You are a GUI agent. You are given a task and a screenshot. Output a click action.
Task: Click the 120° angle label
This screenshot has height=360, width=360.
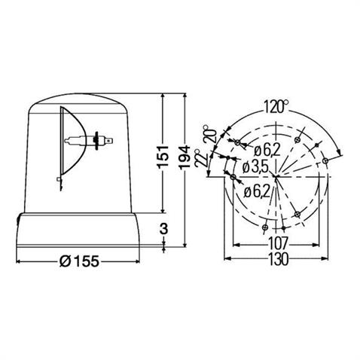click(276, 107)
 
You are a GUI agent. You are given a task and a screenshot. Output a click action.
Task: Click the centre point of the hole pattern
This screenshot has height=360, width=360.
click(277, 177)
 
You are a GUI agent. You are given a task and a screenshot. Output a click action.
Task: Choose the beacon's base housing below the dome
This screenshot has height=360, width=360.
click(78, 229)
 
